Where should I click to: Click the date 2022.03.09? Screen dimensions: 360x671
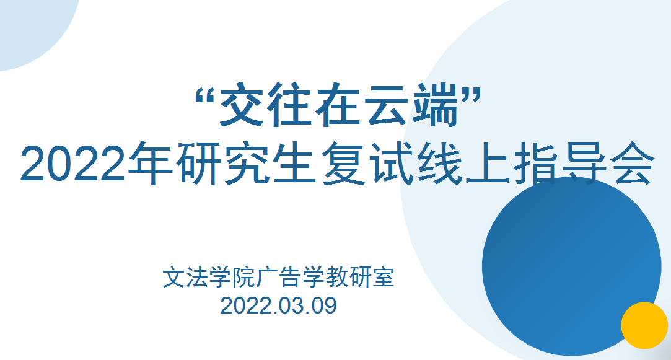point(278,305)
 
